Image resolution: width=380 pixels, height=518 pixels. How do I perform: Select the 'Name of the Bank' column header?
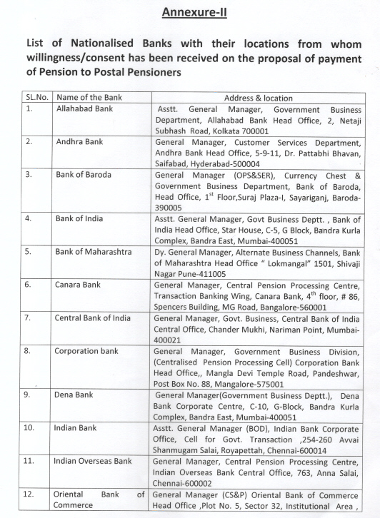pos(88,98)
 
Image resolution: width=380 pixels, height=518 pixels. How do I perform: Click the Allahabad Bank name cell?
pos(84,109)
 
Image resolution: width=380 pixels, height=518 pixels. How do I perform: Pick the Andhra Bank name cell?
pos(79,142)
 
